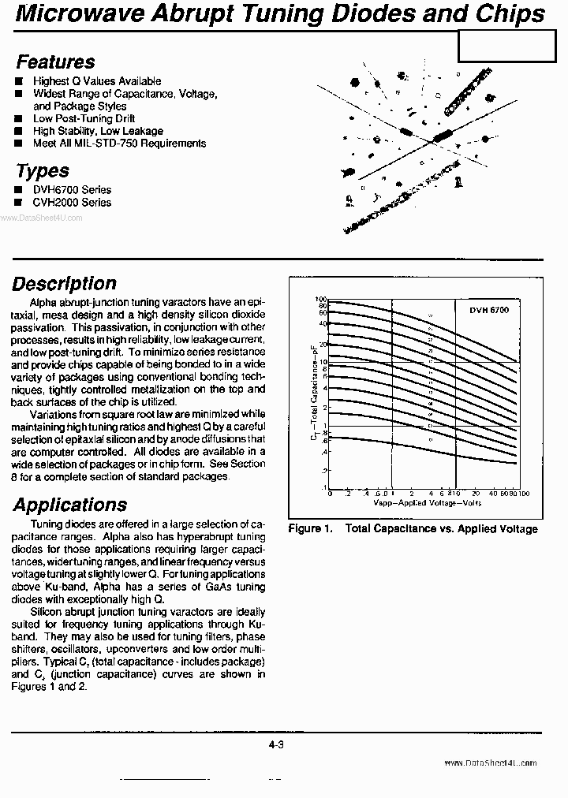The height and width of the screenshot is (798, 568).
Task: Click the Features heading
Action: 55,62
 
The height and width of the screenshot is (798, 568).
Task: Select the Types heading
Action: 43,171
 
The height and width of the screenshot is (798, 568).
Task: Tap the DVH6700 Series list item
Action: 72,190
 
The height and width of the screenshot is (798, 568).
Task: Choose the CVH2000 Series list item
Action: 72,203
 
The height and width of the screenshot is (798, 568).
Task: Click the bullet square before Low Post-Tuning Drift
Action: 19,119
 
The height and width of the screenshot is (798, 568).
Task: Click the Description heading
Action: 64,284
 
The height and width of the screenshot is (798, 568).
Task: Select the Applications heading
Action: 69,505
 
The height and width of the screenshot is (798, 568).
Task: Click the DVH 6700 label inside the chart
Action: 489,311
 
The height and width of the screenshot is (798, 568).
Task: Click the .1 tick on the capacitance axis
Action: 323,488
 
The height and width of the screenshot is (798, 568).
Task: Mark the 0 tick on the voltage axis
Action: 329,494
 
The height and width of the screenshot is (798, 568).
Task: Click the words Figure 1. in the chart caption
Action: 310,529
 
